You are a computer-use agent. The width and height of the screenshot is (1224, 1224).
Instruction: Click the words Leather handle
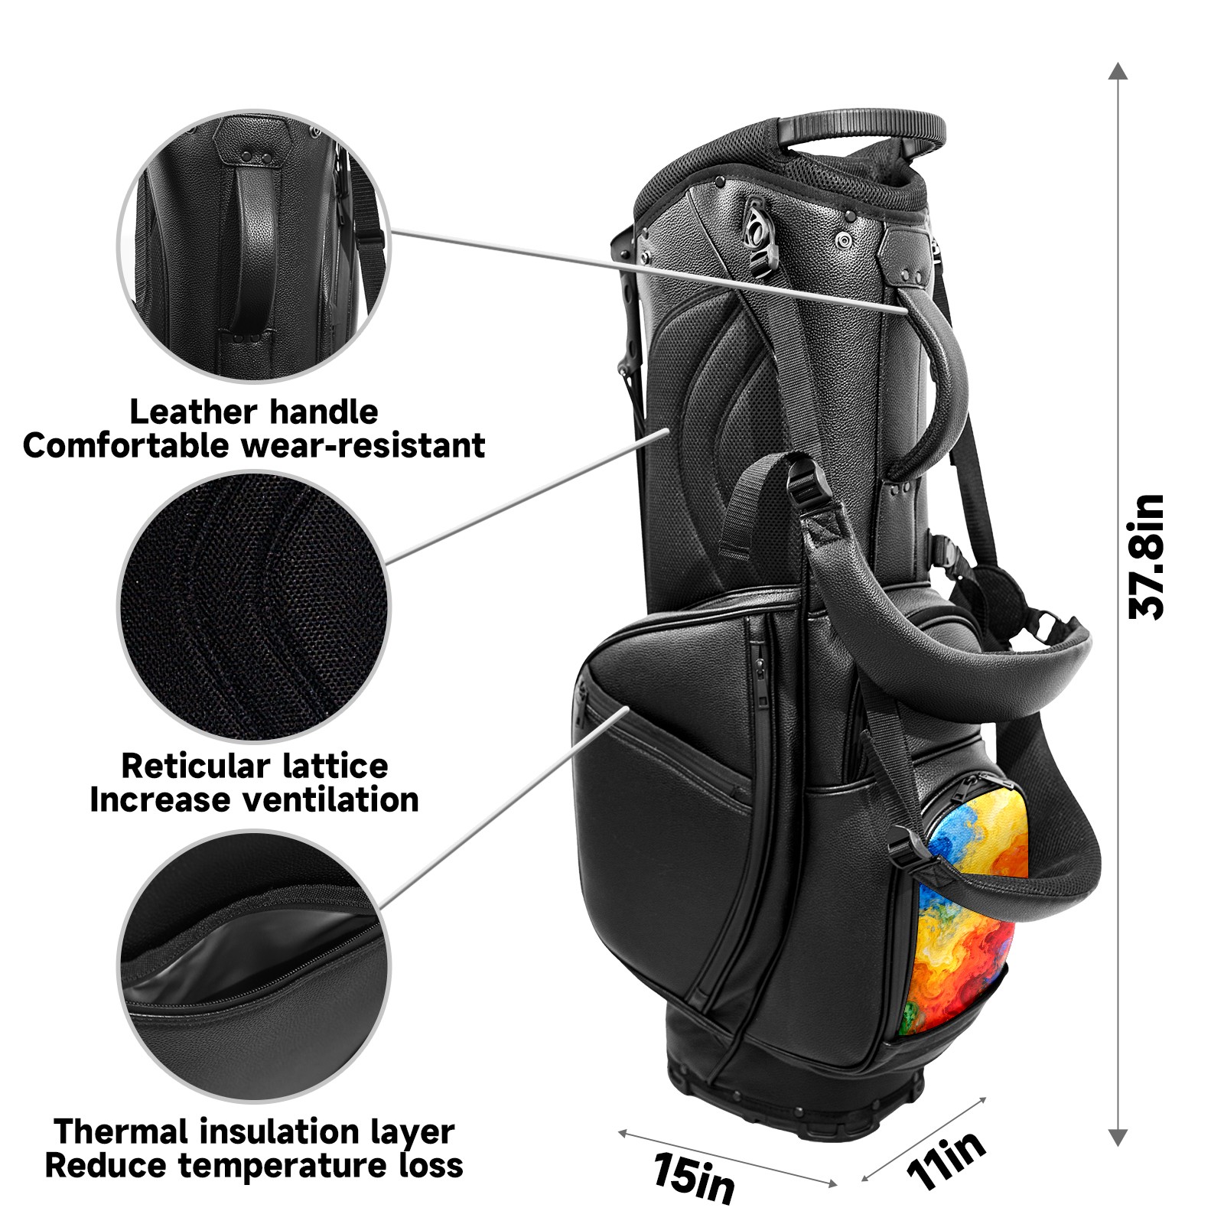pos(253,412)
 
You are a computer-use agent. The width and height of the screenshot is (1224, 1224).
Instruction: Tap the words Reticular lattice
pos(254,766)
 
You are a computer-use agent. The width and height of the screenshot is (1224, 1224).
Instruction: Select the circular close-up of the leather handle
pos(253,246)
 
